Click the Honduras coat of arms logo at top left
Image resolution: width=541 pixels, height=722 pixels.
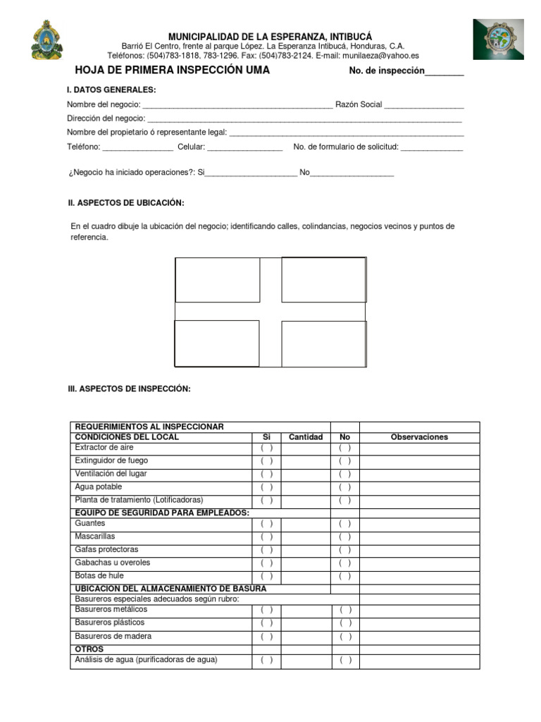[47, 40]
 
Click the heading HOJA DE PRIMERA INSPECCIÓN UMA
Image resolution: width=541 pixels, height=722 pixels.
[173, 71]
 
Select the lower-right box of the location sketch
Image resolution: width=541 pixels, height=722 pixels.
[323, 343]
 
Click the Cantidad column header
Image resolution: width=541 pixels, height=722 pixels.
[306, 437]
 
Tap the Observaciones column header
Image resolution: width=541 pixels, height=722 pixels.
[419, 437]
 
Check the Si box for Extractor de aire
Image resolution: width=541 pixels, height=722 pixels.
[267, 448]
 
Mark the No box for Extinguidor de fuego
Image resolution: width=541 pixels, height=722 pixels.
[344, 461]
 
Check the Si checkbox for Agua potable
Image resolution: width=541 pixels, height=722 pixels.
[267, 487]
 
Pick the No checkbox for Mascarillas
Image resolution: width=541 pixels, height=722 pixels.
[344, 537]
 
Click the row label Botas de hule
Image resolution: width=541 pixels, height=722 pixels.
[99, 576]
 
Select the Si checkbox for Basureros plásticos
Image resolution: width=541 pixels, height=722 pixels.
[267, 623]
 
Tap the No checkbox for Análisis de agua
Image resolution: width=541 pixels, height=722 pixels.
[344, 661]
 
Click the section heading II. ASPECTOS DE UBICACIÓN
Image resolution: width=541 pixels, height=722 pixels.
[126, 203]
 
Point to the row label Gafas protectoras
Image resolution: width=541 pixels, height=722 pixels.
[106, 549]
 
